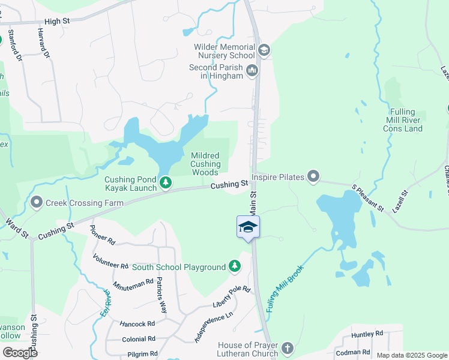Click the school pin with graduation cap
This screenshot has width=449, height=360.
(248, 227)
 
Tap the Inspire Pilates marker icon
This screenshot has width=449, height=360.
(313, 176)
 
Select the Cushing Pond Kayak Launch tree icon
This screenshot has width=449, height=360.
(166, 182)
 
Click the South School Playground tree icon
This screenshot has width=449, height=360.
(236, 266)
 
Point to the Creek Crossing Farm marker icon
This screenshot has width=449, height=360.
(37, 203)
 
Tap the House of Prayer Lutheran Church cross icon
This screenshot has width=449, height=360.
(288, 349)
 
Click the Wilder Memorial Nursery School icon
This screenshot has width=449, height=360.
(264, 50)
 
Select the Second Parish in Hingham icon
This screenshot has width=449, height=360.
(252, 71)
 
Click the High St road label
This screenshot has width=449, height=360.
(58, 21)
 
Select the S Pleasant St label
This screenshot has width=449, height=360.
(368, 197)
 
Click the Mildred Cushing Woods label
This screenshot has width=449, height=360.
(206, 164)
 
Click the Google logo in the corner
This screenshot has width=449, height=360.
(19, 352)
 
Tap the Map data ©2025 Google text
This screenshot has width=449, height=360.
(412, 355)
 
